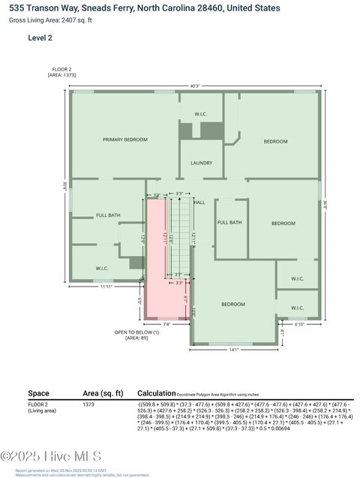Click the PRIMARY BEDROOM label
point(124,140)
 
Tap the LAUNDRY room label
point(201,163)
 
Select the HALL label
point(199,203)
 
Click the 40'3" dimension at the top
point(195,86)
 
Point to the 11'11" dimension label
point(106,287)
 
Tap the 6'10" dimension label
point(298,325)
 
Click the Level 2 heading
point(40,37)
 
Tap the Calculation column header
point(156,393)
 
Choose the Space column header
point(38,393)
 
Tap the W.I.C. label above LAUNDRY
point(200,114)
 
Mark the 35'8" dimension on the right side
point(325,202)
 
